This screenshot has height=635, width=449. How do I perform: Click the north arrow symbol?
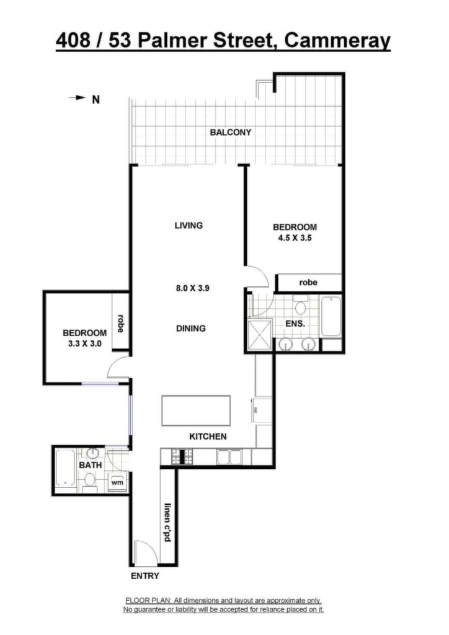[78, 97]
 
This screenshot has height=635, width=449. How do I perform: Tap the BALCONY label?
[230, 133]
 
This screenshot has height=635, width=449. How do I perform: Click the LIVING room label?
[189, 225]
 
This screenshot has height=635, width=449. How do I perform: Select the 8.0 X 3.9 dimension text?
[192, 288]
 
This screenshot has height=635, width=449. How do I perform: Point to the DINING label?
[190, 329]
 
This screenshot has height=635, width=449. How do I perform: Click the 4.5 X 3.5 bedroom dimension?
[295, 238]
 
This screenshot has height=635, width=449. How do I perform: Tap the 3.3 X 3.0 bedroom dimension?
[84, 344]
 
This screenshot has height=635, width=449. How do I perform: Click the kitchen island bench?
[196, 411]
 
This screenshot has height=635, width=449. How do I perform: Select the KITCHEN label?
[208, 437]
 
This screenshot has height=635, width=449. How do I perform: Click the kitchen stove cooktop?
[182, 457]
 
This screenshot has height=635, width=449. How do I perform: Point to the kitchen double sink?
[229, 457]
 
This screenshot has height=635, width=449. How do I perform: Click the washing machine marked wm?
[117, 482]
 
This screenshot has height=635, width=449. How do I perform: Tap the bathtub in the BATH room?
[64, 468]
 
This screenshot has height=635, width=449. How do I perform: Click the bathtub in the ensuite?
[331, 317]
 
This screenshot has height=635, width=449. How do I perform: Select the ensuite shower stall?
[259, 334]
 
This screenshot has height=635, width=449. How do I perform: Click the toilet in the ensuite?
[300, 305]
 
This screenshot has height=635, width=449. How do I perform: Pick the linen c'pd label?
[167, 522]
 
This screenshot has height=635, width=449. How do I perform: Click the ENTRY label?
[145, 576]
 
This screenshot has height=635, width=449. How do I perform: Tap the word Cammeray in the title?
[337, 41]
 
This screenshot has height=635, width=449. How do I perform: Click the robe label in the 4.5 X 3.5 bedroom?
[308, 283]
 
